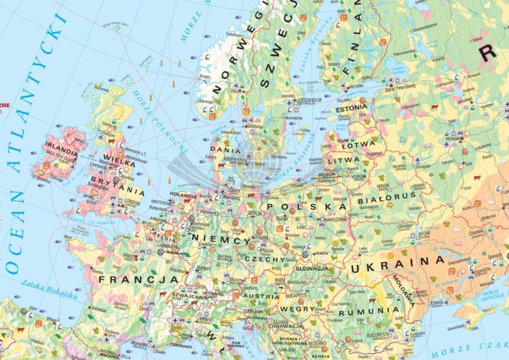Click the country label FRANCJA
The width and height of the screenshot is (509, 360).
pos(138,279)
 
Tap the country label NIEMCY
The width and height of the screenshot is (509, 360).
pos(221,239)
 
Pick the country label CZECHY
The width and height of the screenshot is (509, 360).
pos(259,259)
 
